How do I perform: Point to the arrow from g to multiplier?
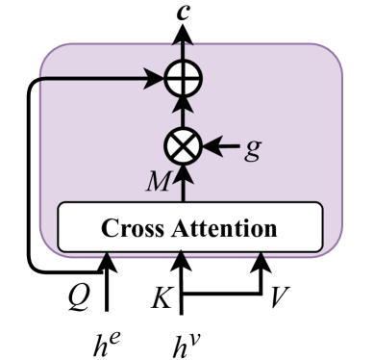(x=224, y=147)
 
